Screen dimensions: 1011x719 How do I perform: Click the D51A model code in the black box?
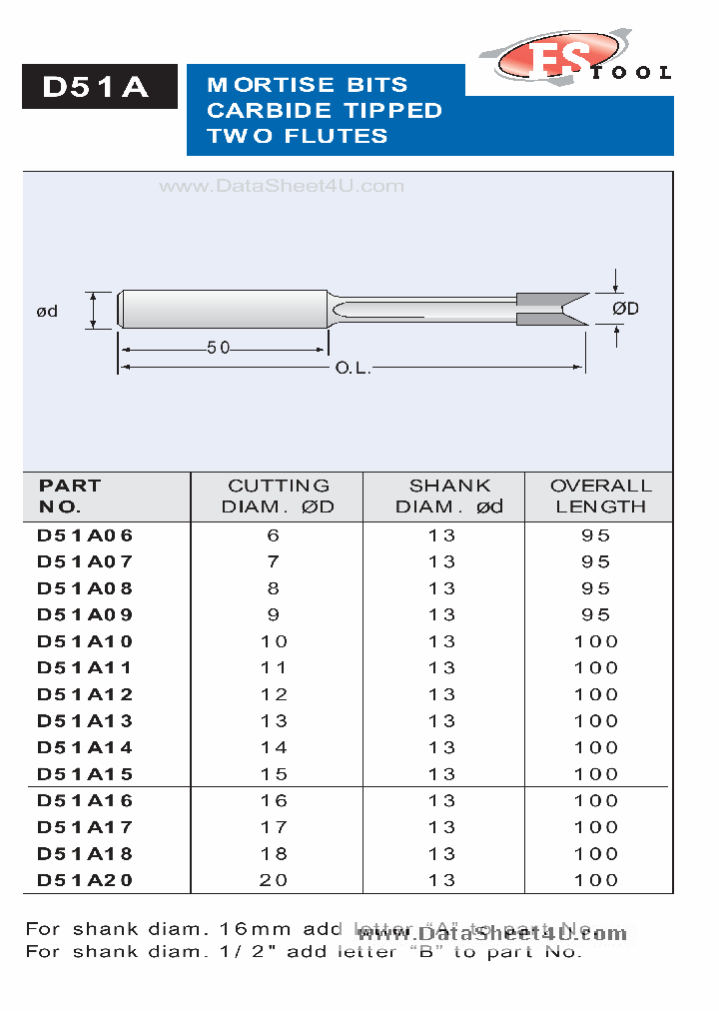tap(97, 88)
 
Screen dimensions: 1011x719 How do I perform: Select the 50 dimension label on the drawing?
tap(219, 348)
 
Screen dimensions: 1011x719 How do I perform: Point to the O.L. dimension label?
tap(353, 369)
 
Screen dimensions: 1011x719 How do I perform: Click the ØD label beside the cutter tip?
tap(625, 309)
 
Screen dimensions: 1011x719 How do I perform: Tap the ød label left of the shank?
tap(47, 311)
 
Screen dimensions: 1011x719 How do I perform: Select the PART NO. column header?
tap(70, 496)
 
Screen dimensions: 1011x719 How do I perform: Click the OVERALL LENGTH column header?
tap(600, 496)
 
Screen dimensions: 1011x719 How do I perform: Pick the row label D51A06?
tap(85, 535)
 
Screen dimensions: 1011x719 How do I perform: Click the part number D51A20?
tap(85, 880)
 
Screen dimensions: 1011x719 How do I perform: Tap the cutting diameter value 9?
tap(274, 615)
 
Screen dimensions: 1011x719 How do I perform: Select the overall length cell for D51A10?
tap(596, 641)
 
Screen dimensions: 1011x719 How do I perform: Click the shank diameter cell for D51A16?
tap(441, 800)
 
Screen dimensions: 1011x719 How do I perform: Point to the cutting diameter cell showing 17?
tap(274, 827)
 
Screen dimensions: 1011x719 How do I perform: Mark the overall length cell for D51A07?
tap(596, 561)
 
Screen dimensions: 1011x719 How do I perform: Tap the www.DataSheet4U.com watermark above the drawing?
tap(282, 186)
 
